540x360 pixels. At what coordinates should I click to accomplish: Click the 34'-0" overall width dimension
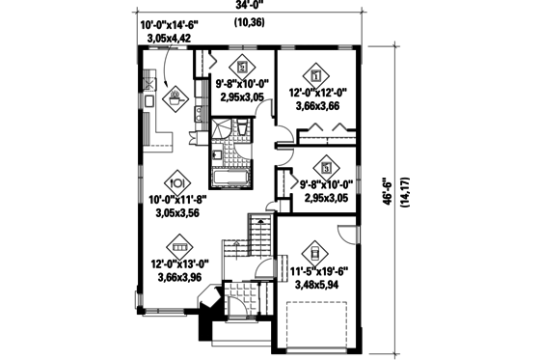pyautogui.click(x=255, y=8)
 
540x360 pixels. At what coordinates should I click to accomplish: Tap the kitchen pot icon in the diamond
pyautogui.click(x=176, y=97)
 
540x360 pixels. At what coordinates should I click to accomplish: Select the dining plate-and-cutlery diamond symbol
pyautogui.click(x=176, y=180)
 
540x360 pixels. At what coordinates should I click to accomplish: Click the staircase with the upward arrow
pyautogui.click(x=257, y=235)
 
